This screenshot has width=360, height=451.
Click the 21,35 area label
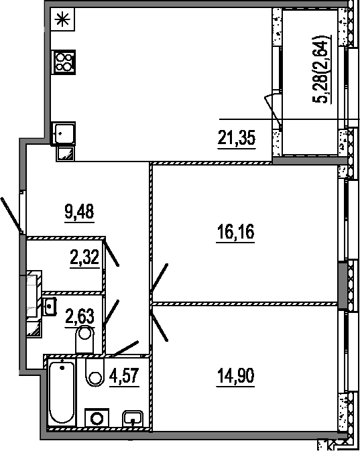pyautogui.click(x=237, y=137)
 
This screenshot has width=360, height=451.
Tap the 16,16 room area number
pyautogui.click(x=235, y=232)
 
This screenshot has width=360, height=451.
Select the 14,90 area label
pyautogui.click(x=236, y=376)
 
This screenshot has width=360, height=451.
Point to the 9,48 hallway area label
pyautogui.click(x=79, y=211)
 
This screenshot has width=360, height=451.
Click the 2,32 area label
pyautogui.click(x=85, y=257)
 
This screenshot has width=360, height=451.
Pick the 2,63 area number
pyautogui.click(x=80, y=316)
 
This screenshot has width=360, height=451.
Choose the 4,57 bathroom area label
pyautogui.click(x=124, y=376)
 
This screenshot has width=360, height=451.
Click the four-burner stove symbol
pyautogui.click(x=63, y=62)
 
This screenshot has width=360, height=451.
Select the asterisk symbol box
pyautogui.click(x=63, y=19)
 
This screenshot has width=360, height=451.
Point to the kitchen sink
pyautogui.click(x=63, y=133)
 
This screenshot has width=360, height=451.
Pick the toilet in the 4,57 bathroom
pyautogui.click(x=95, y=372)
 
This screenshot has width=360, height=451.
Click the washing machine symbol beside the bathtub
pyautogui.click(x=97, y=418)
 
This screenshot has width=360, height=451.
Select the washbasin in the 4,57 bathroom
pyautogui.click(x=133, y=419)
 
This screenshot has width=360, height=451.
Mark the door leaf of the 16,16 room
pyautogui.click(x=159, y=278)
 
